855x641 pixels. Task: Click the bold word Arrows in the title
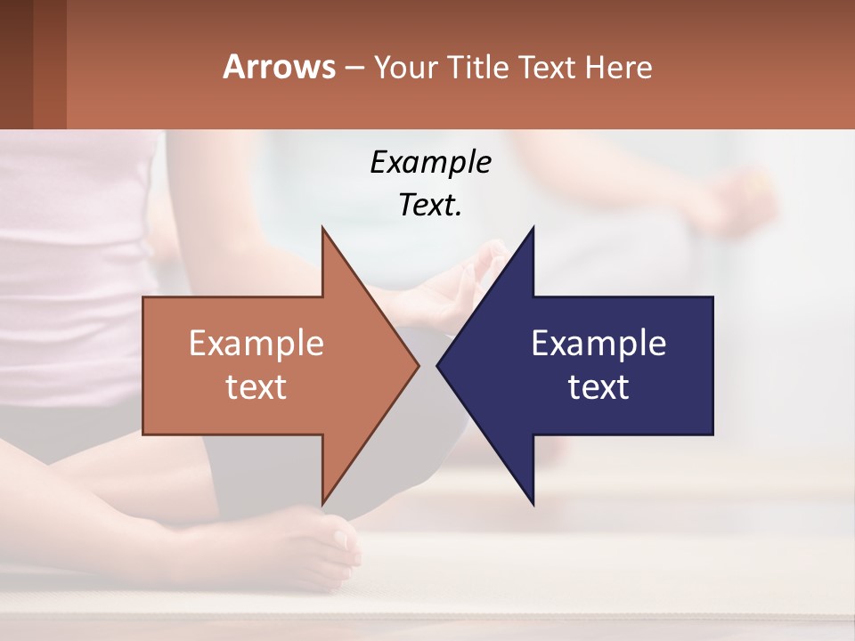[279, 67]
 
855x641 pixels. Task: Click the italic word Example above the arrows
[430, 162]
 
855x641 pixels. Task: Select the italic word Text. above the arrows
[430, 205]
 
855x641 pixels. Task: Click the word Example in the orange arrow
[256, 343]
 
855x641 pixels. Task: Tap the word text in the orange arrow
[256, 387]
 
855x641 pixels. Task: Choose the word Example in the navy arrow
[598, 343]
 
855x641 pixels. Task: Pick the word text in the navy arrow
[598, 387]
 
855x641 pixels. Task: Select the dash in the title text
[354, 68]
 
